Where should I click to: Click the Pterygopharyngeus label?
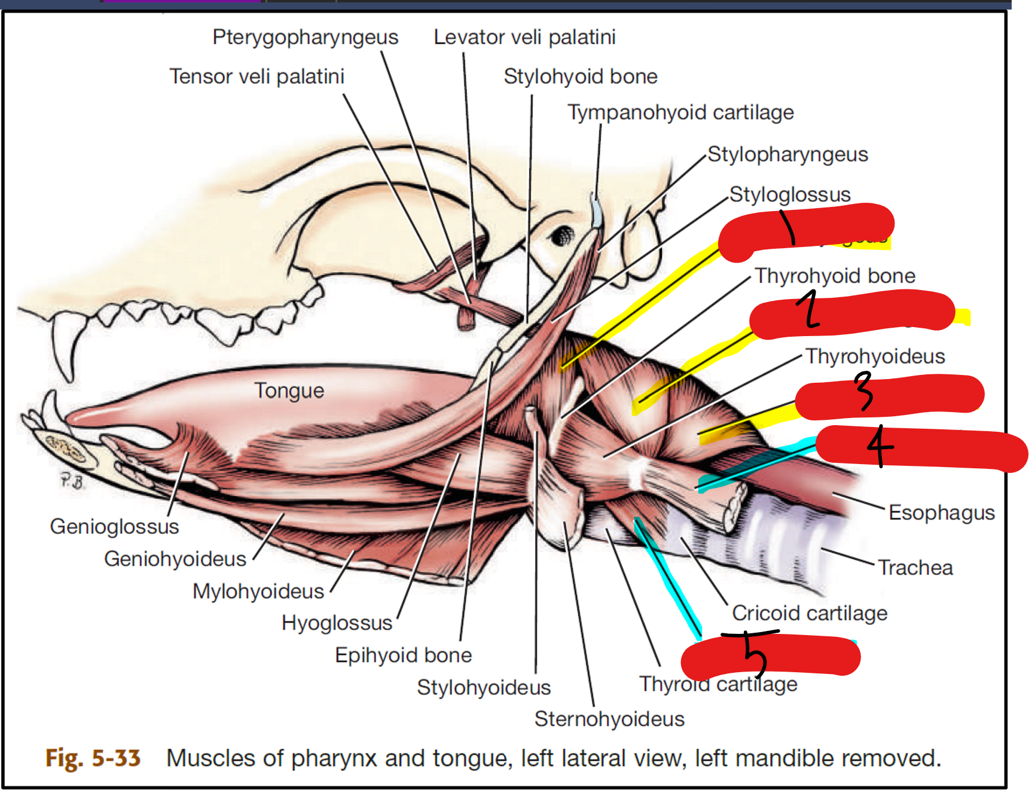pyautogui.click(x=305, y=37)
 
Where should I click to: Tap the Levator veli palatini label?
pyautogui.click(x=524, y=37)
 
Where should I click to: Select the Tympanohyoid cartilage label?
pyautogui.click(x=680, y=112)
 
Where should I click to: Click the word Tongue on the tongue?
pyautogui.click(x=289, y=391)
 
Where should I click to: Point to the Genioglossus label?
pyautogui.click(x=114, y=526)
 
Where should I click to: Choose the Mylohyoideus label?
pyautogui.click(x=258, y=591)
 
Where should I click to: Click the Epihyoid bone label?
pyautogui.click(x=403, y=655)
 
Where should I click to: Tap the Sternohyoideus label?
pyautogui.click(x=609, y=719)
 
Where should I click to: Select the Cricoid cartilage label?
pyautogui.click(x=810, y=613)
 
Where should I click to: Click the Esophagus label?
pyautogui.click(x=941, y=513)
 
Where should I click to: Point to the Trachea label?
pyautogui.click(x=915, y=568)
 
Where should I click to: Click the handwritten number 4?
pyautogui.click(x=879, y=446)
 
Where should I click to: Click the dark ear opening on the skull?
pyautogui.click(x=561, y=235)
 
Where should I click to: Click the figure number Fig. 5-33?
pyautogui.click(x=93, y=758)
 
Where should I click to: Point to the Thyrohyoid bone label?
pyautogui.click(x=835, y=276)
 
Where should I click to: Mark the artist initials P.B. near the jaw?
pyautogui.click(x=72, y=480)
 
